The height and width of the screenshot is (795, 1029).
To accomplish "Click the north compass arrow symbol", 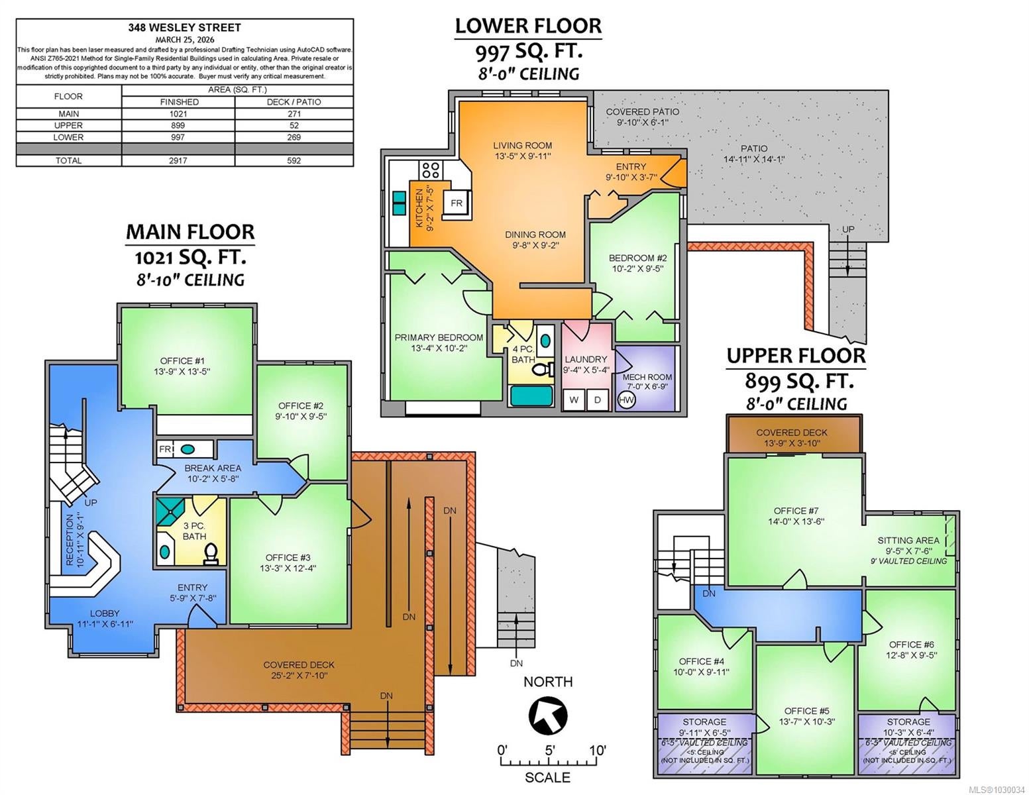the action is (548, 715).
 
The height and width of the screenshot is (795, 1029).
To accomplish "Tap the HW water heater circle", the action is (626, 400).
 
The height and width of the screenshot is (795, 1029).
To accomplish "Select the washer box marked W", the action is (574, 399).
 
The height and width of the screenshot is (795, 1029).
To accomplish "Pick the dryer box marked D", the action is (598, 399).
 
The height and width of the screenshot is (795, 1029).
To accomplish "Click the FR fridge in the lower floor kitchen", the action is (457, 203).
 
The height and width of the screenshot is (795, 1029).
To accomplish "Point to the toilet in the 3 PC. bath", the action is (211, 554).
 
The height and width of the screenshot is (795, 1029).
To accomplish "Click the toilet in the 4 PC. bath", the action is (543, 368).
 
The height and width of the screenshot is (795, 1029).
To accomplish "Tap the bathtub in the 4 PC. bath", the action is (531, 396).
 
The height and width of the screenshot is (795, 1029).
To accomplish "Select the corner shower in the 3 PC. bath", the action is (172, 511).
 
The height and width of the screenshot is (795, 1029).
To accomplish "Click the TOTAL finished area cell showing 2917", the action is (178, 160).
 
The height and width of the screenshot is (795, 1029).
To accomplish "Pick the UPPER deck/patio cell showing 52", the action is (294, 125).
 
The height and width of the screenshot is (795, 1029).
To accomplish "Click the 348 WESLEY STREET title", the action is (185, 27).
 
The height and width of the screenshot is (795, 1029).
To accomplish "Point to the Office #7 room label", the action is (796, 516).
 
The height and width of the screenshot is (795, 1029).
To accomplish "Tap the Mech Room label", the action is (647, 382).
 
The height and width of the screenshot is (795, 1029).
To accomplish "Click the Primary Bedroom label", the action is (439, 343).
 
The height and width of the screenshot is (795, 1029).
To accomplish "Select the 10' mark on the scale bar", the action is (598, 751).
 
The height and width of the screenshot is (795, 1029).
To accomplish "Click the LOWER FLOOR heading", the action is (529, 26).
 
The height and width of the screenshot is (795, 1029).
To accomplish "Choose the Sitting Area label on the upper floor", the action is (908, 545).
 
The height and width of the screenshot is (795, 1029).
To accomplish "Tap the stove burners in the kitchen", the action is (431, 170).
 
